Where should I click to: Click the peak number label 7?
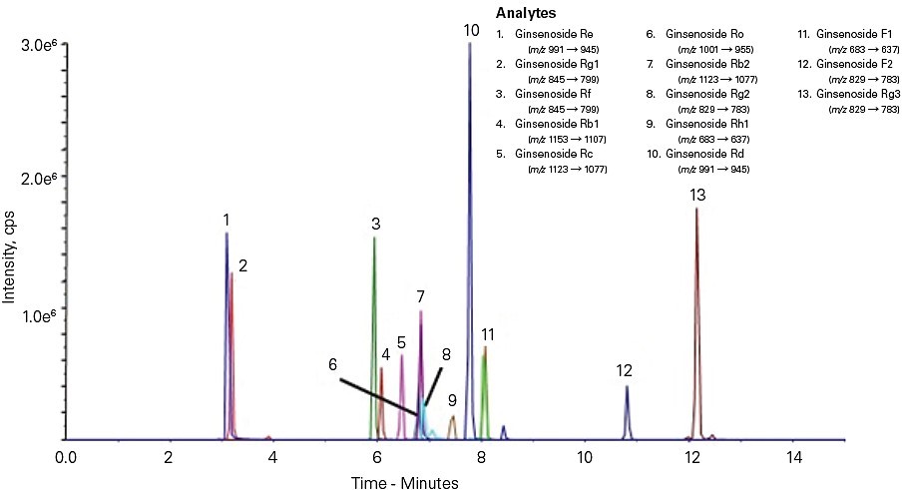pyautogui.click(x=421, y=296)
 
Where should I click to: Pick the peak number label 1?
pyautogui.click(x=226, y=219)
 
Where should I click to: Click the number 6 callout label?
pyautogui.click(x=332, y=365)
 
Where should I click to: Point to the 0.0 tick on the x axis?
pyautogui.click(x=66, y=457)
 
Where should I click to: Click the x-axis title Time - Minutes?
pyautogui.click(x=405, y=483)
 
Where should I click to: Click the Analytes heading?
pyautogui.click(x=524, y=12)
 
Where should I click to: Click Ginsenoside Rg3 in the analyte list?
pyautogui.click(x=858, y=93)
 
